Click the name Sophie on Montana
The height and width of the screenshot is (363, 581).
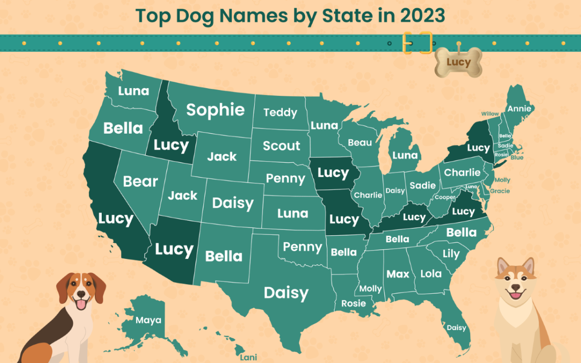[215, 110]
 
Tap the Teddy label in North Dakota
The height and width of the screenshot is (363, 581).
[280, 113]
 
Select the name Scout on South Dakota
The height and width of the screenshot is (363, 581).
[281, 146]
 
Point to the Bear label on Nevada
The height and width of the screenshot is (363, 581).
[140, 181]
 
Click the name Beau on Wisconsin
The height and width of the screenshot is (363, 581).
[360, 142]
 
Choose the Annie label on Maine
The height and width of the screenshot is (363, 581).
[519, 108]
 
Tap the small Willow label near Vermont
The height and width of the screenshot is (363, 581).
[490, 114]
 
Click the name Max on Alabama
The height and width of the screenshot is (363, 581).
[398, 274]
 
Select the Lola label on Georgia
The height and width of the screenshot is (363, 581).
[431, 273]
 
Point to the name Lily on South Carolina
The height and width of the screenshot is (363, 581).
[451, 254]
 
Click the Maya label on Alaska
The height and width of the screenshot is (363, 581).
[148, 320]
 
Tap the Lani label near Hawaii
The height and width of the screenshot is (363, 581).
[249, 358]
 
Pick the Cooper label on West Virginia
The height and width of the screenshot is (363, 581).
[444, 197]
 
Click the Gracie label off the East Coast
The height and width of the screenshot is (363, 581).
[500, 191]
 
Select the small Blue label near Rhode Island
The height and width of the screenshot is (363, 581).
[517, 157]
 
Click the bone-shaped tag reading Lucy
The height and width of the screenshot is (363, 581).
[459, 62]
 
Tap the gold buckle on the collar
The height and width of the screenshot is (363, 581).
[417, 43]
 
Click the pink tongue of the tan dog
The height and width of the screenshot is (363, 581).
[516, 295]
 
